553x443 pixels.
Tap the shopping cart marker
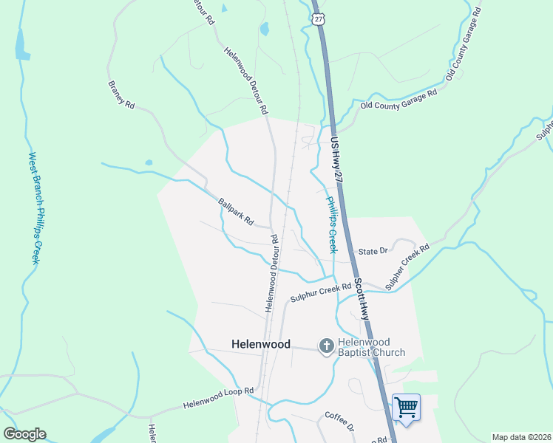tap(405, 407)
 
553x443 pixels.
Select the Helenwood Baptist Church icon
tap(326, 346)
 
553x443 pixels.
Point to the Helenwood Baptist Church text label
tap(372, 347)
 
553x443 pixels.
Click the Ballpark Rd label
tap(236, 212)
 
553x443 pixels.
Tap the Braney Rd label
tap(121, 95)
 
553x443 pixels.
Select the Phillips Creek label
tap(332, 225)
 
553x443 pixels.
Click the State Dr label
tap(373, 251)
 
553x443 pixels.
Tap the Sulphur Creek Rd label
tap(320, 292)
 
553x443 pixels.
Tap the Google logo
tap(24, 434)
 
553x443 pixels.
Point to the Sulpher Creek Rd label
tap(407, 267)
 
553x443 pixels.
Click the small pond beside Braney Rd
tap(149, 162)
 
